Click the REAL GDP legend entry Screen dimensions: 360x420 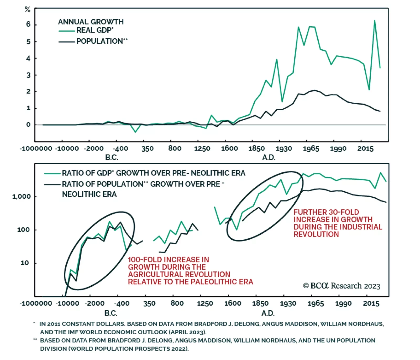point(94,30)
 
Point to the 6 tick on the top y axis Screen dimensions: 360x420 point(28,24)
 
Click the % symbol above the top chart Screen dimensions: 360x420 point(27,10)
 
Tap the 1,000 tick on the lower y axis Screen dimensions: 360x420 point(21,196)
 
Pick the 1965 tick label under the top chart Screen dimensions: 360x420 point(311,149)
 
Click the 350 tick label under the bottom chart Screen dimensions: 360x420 point(149,304)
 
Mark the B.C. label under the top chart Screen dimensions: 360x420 point(112,157)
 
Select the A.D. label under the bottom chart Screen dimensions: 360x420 point(268,313)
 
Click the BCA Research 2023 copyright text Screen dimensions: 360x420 point(342,286)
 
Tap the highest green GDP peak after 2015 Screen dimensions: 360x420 point(375,20)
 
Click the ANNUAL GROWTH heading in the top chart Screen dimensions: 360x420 point(91,22)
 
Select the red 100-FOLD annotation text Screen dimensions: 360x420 point(190,271)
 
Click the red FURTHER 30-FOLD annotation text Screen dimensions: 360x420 point(338,223)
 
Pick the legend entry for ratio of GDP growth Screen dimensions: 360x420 point(154,173)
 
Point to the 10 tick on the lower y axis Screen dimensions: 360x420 point(25,263)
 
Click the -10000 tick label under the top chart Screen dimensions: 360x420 point(67,149)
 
